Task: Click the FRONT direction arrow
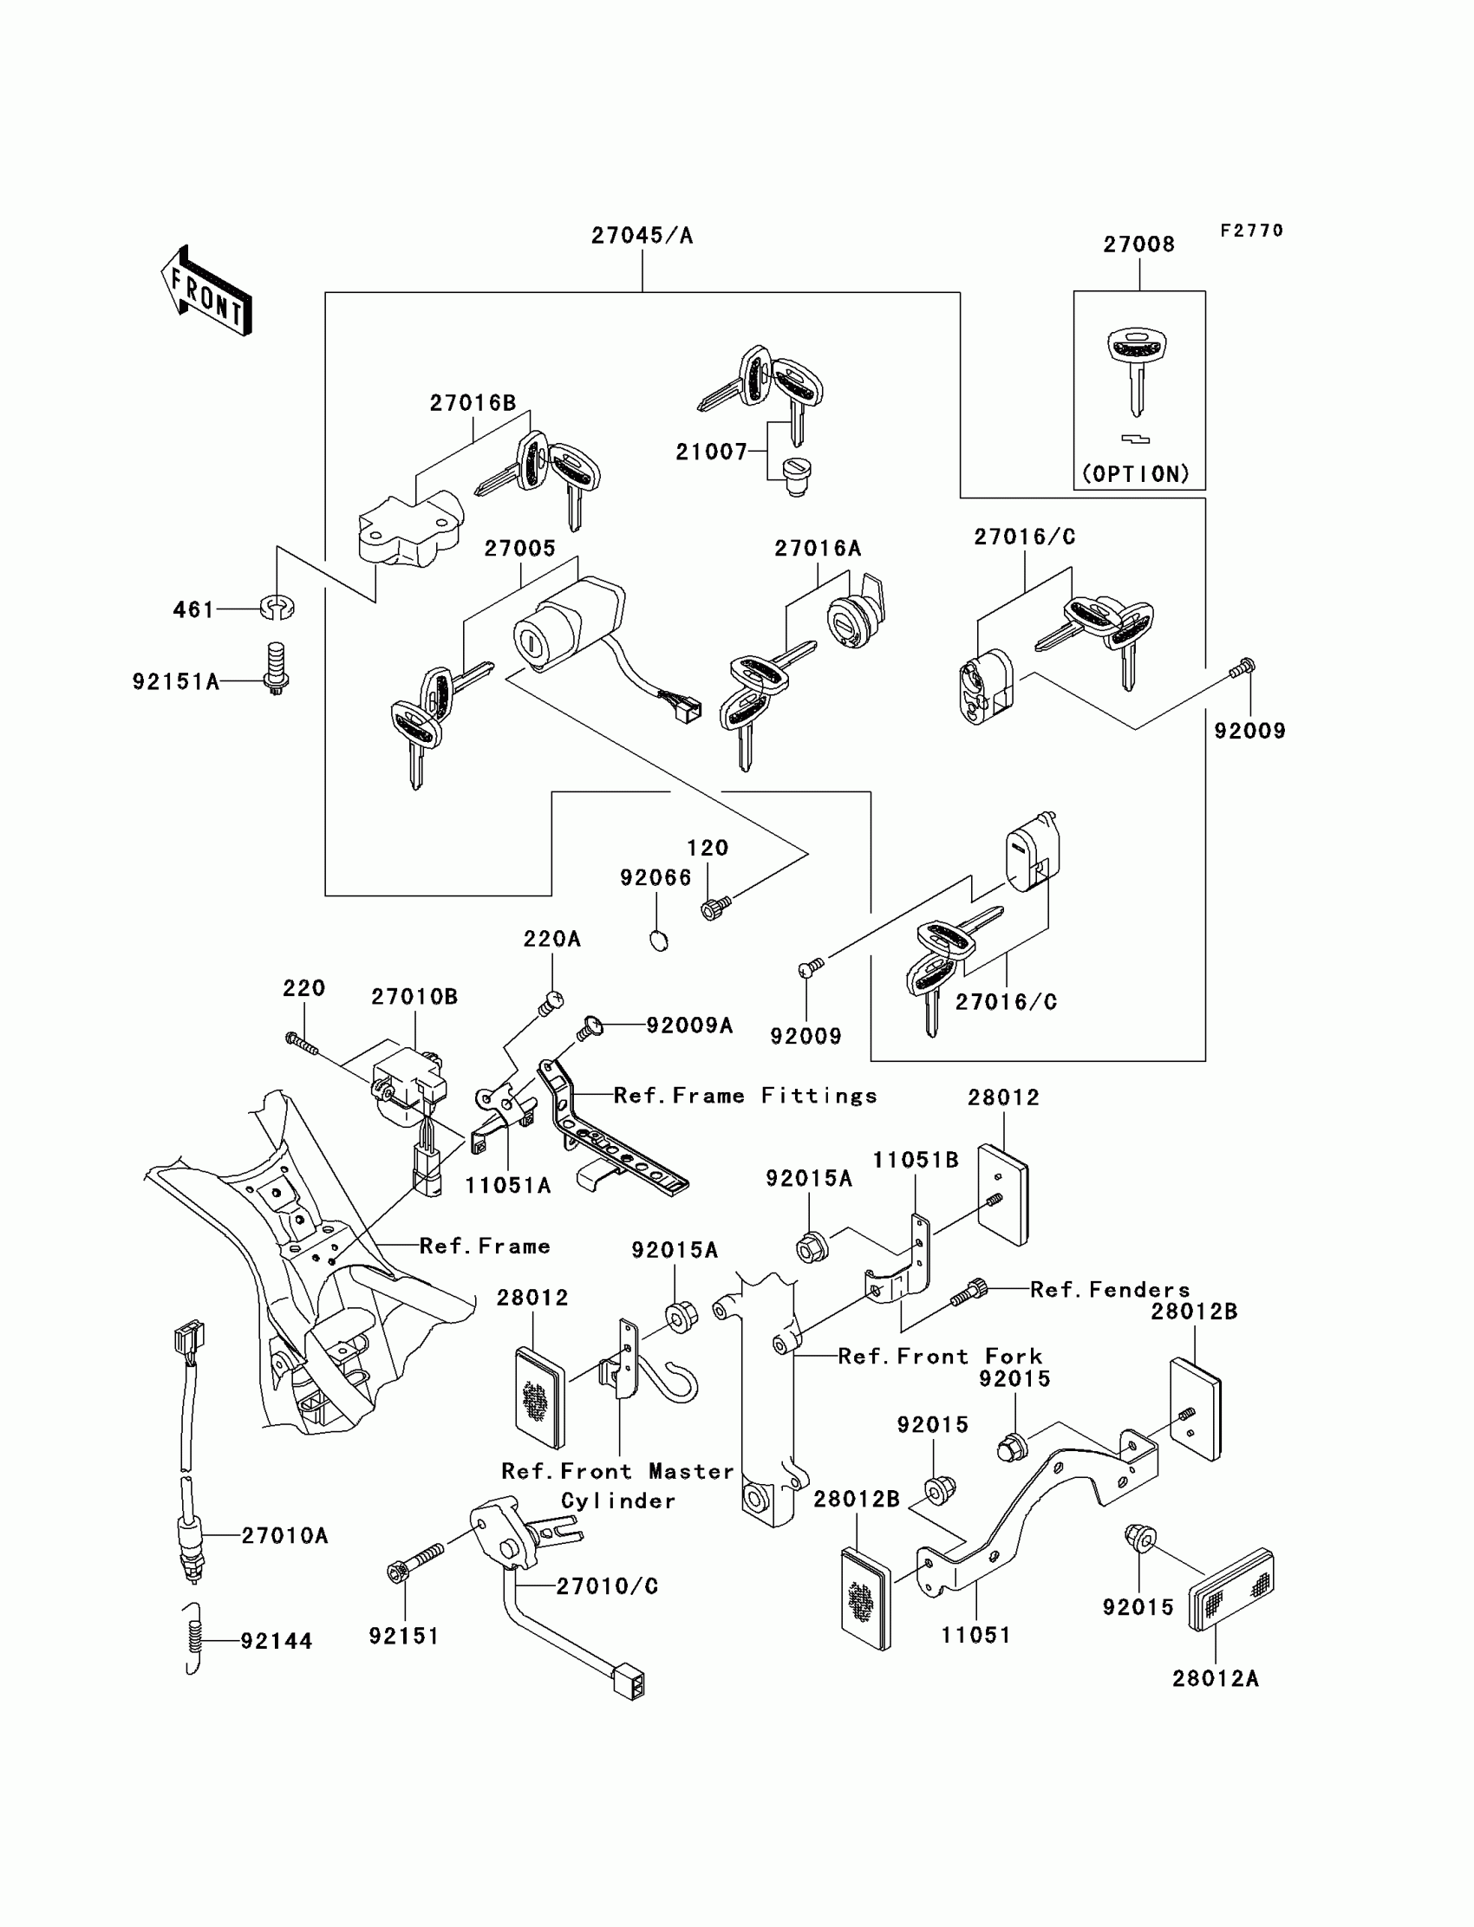coord(207,291)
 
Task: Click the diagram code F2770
coord(1252,231)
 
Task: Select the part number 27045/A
coord(642,236)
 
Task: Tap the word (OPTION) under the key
coord(1136,473)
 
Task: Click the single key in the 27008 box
coord(1136,369)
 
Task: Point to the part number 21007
coord(712,452)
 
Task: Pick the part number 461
coord(194,609)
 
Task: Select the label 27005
coord(520,548)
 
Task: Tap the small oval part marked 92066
coord(659,941)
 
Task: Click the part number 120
coord(708,848)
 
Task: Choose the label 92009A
coord(689,1025)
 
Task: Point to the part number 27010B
coord(414,996)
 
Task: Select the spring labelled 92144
coord(196,1638)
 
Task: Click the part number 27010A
coord(285,1536)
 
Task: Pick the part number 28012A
coord(1215,1678)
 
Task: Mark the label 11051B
coord(915,1160)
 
